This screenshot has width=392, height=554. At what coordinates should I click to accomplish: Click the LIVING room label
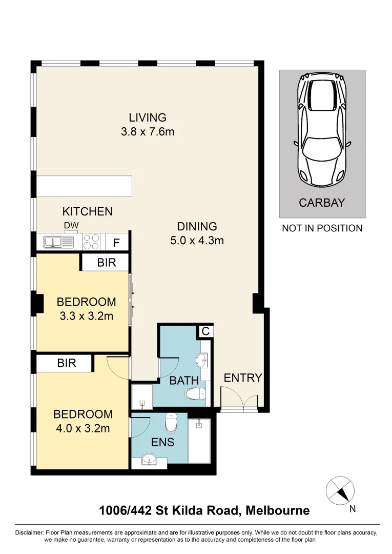[x=148, y=117]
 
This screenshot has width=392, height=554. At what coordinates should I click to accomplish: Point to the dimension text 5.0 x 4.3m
[x=197, y=240]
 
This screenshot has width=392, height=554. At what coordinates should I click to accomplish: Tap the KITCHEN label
[x=87, y=211]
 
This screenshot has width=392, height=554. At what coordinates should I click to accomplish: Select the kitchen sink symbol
[x=53, y=242]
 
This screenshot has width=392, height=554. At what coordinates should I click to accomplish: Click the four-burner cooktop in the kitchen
[x=92, y=242]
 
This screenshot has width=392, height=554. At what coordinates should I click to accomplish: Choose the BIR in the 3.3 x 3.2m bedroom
[x=106, y=263]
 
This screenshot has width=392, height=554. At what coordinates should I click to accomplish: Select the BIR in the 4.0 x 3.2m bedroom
[x=67, y=363]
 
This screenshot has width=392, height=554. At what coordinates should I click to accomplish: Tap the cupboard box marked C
[x=205, y=331]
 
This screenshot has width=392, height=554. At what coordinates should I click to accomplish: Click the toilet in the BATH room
[x=195, y=394]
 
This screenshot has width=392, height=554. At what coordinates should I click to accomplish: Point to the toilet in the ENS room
[x=171, y=423]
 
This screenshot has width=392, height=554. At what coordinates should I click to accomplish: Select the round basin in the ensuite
[x=149, y=460]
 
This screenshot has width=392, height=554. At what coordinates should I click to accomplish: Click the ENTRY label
[x=243, y=378]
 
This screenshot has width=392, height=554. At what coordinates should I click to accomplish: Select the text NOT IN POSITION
[x=322, y=228]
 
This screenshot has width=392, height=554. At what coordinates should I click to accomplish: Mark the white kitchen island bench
[x=85, y=186]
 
